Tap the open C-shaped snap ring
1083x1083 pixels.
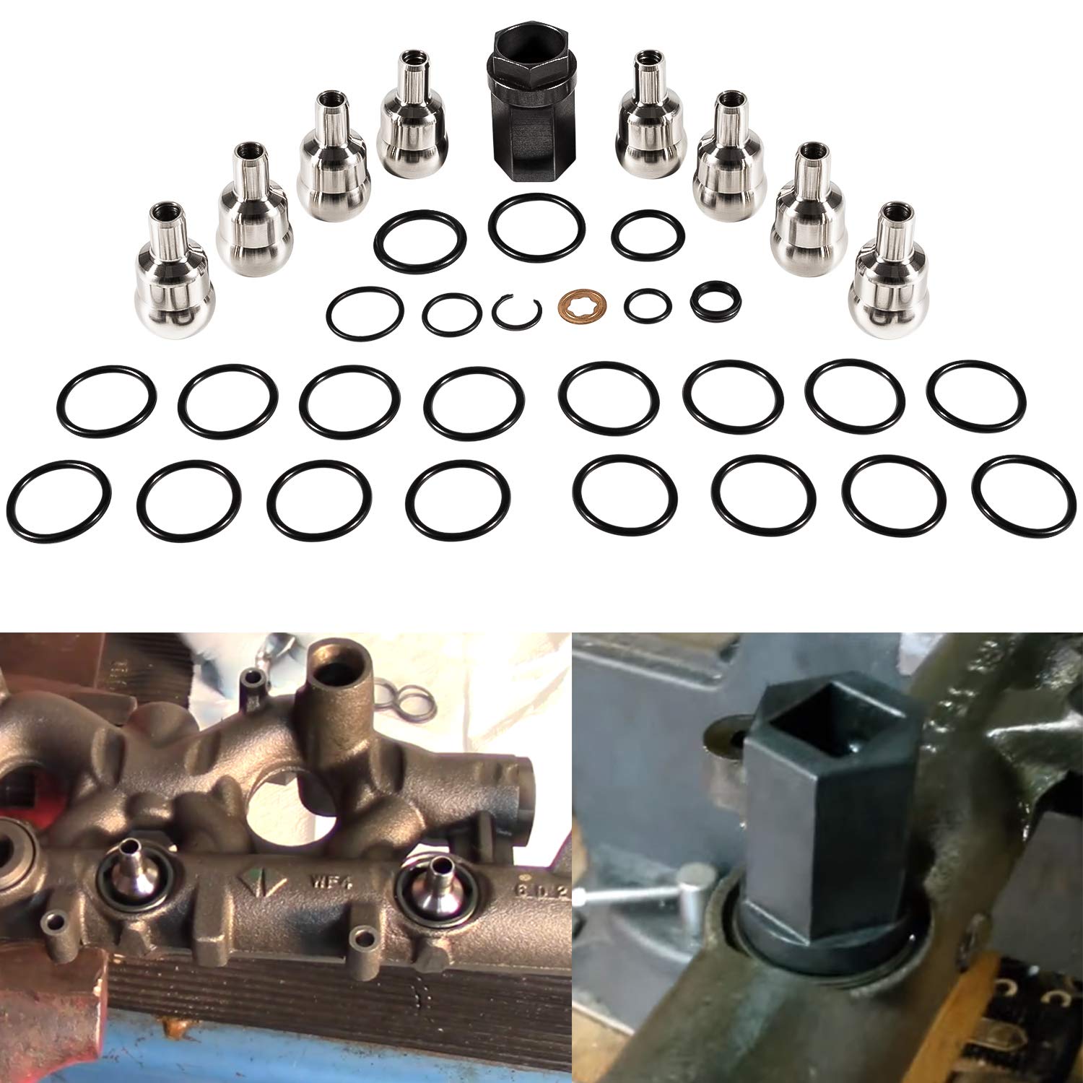point(516,311)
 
